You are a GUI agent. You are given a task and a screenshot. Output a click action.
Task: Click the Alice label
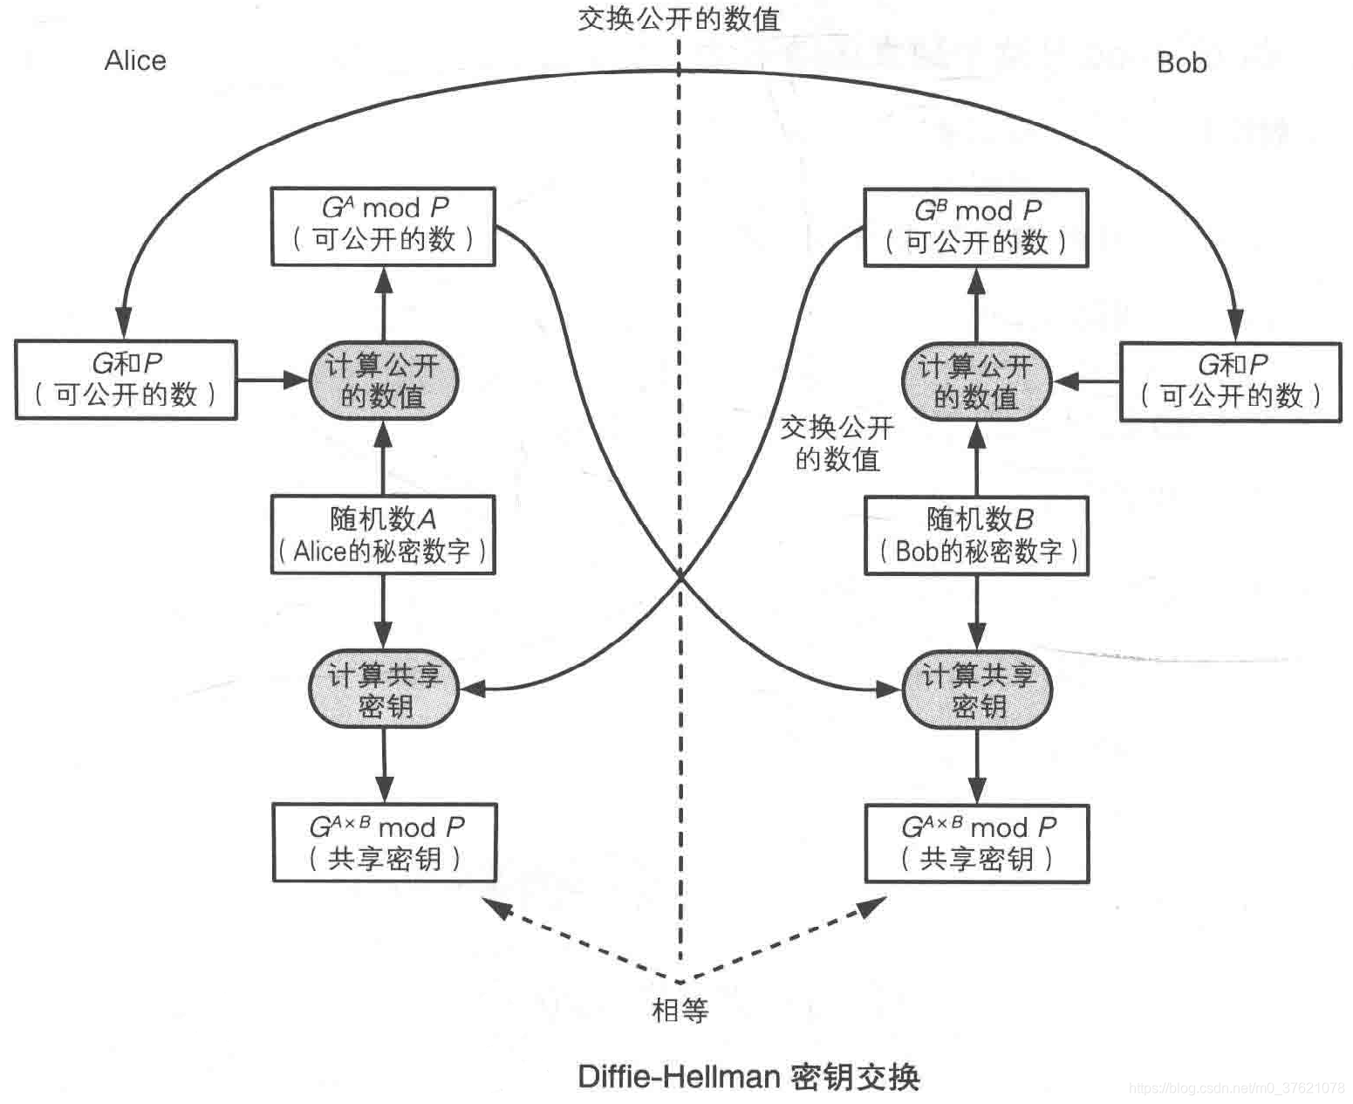(x=135, y=60)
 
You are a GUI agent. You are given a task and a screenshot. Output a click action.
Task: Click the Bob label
(x=1181, y=63)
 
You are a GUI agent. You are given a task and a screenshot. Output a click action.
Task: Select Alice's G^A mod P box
(x=383, y=225)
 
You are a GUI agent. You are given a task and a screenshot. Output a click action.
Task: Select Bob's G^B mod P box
(x=975, y=227)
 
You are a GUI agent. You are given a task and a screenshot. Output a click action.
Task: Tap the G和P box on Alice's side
(x=126, y=380)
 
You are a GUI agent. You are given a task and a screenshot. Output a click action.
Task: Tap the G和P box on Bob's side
(x=1230, y=381)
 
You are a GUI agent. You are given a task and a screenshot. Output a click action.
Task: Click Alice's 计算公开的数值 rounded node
(x=383, y=381)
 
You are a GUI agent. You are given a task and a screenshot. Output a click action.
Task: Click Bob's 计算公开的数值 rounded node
(x=975, y=381)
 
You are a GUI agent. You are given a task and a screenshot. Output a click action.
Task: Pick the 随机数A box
(x=383, y=534)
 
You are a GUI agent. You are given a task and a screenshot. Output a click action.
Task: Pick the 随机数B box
(x=976, y=536)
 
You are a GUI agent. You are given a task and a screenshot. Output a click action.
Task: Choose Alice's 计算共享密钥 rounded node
(x=383, y=689)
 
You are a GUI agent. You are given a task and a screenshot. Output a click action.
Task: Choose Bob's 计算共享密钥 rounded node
(x=977, y=689)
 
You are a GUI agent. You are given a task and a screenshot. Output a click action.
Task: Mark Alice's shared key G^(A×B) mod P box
(x=385, y=842)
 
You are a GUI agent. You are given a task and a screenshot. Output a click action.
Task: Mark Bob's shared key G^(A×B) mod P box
(x=977, y=844)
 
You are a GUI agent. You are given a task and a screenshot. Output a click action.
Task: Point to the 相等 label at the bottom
(x=680, y=1010)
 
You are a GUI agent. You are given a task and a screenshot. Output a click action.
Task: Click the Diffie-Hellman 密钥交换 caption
(x=748, y=1076)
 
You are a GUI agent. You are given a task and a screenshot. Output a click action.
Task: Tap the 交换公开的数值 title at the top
(x=679, y=18)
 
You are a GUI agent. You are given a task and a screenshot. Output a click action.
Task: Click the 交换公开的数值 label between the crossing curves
(x=837, y=443)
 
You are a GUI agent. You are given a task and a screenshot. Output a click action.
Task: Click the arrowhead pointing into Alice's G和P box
(x=124, y=323)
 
